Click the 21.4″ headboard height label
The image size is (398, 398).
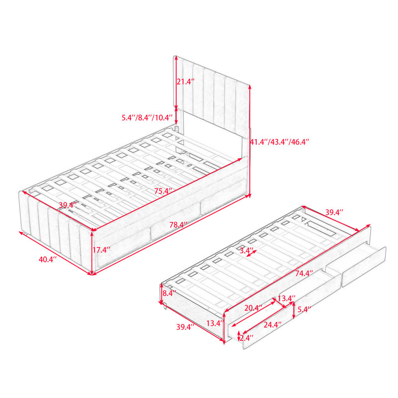[x=186, y=82]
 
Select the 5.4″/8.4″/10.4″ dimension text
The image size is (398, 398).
[x=147, y=117]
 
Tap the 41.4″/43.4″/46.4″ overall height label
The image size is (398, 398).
[x=280, y=142]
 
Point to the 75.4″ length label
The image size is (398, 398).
[x=163, y=191]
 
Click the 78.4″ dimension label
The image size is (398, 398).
[x=179, y=225]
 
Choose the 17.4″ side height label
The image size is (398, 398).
[x=101, y=250]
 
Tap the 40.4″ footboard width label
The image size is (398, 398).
[x=48, y=259]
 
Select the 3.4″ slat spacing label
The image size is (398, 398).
[x=247, y=250]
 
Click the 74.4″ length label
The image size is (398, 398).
[x=304, y=273]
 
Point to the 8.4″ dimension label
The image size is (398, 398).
[x=169, y=294]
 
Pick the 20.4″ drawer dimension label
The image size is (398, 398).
[x=253, y=308]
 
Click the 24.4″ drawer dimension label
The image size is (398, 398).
[x=273, y=325]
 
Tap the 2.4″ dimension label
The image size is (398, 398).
[x=247, y=338]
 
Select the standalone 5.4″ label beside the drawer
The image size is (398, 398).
[x=304, y=309]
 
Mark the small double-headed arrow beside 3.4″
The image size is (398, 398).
[x=252, y=253]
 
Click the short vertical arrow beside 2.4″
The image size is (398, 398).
[x=239, y=336]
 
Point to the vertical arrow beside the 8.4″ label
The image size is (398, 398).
[x=161, y=294]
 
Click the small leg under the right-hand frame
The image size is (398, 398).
[x=165, y=306]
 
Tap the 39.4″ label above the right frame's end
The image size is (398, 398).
[x=334, y=212]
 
